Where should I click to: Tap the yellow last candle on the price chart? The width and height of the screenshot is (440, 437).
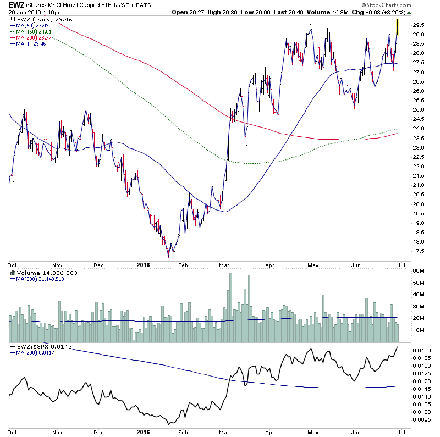398,26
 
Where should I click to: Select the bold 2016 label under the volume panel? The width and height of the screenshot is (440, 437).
142,264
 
